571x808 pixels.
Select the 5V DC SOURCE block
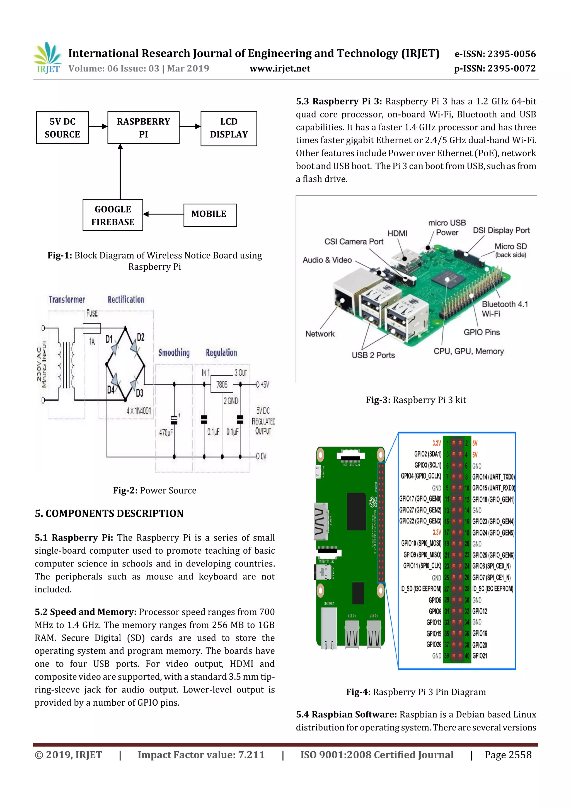[x=62, y=128]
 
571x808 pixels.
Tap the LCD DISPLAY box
[x=229, y=129]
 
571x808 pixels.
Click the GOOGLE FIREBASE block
[x=113, y=215]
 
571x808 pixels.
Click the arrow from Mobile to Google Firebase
[x=163, y=214]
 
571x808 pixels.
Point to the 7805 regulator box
[x=222, y=384]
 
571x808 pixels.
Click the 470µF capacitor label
[x=166, y=432]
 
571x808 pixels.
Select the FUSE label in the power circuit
[x=92, y=313]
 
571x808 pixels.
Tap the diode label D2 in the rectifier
[x=140, y=337]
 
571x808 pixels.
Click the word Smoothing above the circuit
[x=174, y=353]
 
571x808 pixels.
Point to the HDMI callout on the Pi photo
[x=397, y=233]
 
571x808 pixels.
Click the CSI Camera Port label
[x=354, y=242]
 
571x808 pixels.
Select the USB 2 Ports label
[x=373, y=355]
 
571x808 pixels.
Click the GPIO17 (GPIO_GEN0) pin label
[x=420, y=499]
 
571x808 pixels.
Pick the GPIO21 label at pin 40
[x=480, y=656]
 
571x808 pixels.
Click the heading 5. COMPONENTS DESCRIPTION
[x=109, y=513]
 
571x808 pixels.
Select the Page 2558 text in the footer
[x=508, y=754]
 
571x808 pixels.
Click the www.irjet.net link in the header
[x=280, y=69]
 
